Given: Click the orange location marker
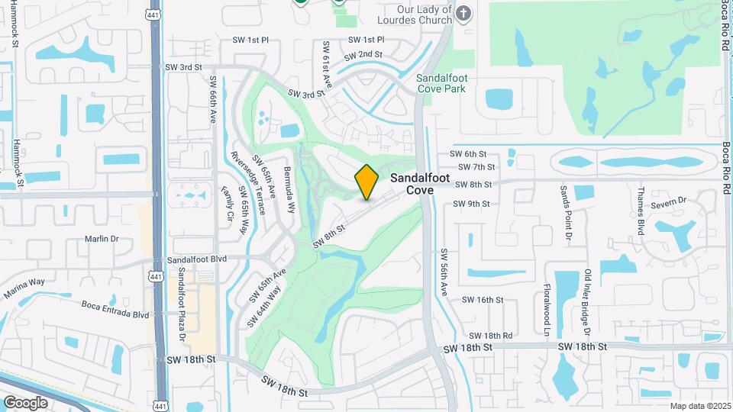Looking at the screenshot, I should coord(366,182).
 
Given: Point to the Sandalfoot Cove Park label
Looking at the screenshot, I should coord(452,83).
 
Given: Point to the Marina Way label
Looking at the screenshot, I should coord(24,287).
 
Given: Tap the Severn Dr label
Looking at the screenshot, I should coord(672,200).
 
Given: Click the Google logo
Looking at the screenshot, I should coord(26,402).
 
